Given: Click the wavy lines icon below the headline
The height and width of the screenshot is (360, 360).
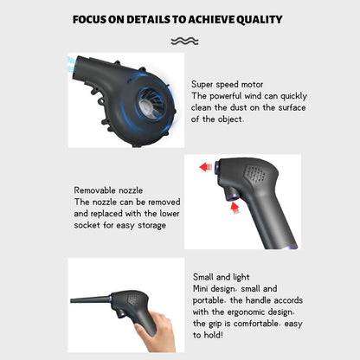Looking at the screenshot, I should (184, 41).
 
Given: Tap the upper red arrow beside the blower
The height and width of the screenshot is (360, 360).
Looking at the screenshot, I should (206, 166).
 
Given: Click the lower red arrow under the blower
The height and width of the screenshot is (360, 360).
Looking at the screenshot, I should (233, 208).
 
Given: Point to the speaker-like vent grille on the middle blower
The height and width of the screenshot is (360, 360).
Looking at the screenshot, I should (254, 172).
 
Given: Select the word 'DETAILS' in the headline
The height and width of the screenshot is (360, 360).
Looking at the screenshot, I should (151, 19).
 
